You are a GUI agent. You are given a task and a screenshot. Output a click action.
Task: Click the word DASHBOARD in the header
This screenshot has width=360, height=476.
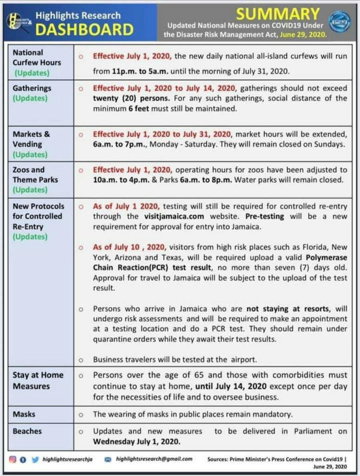click(x=85, y=30)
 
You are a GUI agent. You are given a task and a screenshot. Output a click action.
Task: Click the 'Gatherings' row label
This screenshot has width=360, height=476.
click(x=32, y=88)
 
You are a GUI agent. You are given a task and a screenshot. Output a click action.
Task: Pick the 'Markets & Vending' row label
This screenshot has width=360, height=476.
click(x=31, y=139)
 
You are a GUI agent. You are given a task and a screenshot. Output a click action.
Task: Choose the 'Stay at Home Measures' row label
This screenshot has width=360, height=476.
click(x=38, y=380)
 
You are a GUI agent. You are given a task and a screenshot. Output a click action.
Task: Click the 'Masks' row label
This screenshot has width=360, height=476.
click(x=24, y=414)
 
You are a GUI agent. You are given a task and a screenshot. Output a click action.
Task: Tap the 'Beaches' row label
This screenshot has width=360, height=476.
click(x=27, y=431)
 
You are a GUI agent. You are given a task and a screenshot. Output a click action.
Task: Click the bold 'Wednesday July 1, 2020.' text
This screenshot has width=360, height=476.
click(x=136, y=441)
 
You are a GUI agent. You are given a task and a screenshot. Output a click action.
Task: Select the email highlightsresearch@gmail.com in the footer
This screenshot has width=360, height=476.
click(x=154, y=459)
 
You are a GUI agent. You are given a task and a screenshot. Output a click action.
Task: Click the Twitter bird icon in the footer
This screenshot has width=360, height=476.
click(x=35, y=459)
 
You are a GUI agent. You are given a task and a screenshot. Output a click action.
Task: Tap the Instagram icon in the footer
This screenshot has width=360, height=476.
click(x=13, y=459)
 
